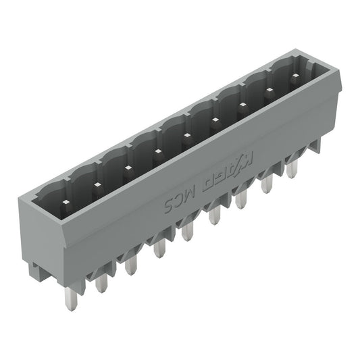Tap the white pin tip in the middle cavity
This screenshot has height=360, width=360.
186,136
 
